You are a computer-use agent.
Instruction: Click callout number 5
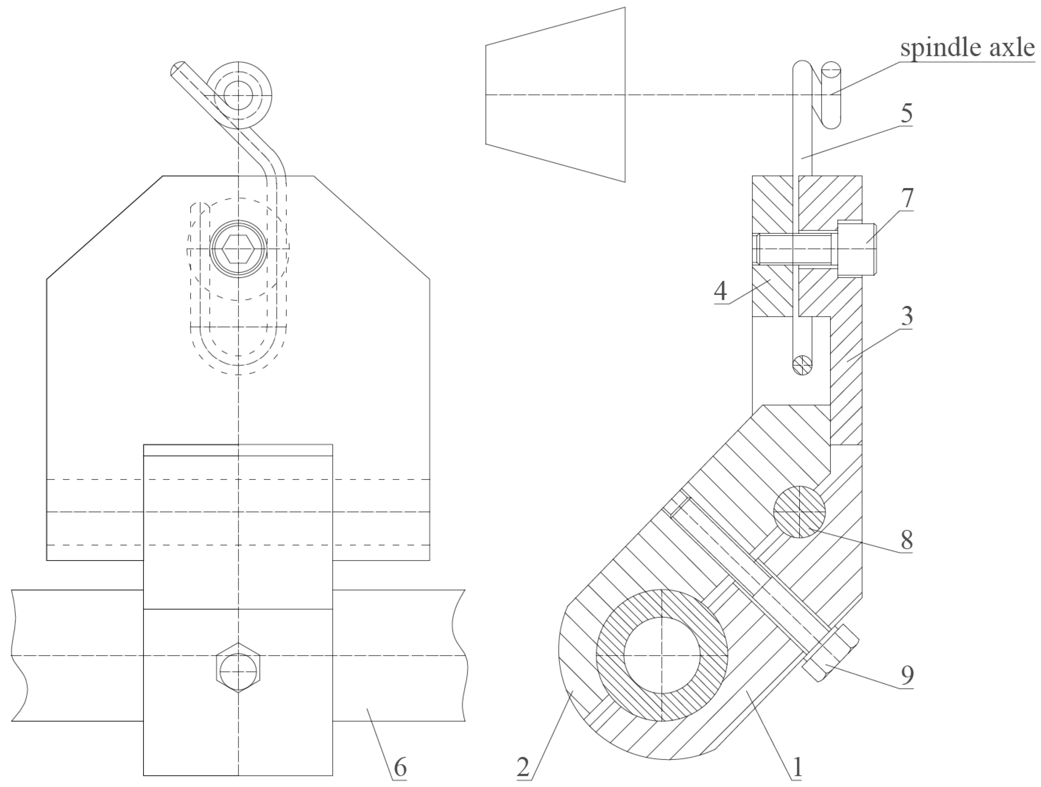coord(906,113)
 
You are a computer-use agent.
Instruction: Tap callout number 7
coord(907,198)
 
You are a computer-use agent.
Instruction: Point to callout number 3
coord(906,316)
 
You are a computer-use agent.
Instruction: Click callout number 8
coord(906,540)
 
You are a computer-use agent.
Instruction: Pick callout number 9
coord(907,675)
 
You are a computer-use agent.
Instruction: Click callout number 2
coord(523,767)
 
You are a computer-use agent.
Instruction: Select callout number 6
coord(399,767)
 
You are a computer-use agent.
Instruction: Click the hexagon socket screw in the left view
coord(238,248)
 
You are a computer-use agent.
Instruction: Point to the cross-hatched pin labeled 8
coord(799,512)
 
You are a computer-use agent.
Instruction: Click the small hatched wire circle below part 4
coord(802,364)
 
